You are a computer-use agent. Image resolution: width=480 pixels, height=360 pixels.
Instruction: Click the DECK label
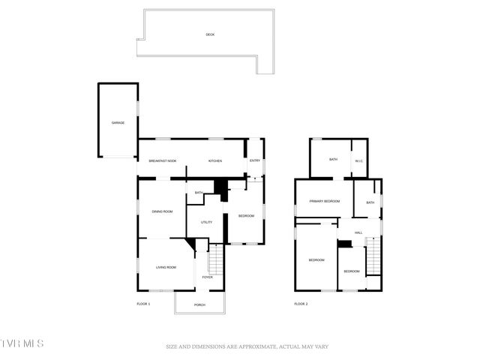tap(210, 34)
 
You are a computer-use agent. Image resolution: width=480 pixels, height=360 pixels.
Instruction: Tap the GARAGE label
tap(118, 122)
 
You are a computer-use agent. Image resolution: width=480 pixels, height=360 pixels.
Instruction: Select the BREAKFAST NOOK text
tap(162, 160)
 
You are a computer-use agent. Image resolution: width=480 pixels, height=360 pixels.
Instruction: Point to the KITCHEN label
tap(215, 160)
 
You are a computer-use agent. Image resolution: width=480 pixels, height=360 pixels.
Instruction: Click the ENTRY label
tap(255, 160)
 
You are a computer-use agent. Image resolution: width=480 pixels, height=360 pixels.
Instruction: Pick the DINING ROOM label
tap(163, 211)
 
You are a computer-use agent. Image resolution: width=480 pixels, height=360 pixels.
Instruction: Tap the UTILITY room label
tap(206, 222)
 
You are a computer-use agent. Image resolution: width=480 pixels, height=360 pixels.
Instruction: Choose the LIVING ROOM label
tap(166, 267)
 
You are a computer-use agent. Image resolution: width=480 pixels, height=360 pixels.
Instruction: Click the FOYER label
tap(208, 277)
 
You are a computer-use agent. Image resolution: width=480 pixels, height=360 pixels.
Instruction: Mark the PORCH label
tap(199, 304)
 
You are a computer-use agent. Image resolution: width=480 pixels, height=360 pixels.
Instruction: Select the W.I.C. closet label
tap(359, 160)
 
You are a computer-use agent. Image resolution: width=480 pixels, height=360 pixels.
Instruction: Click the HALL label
tap(358, 232)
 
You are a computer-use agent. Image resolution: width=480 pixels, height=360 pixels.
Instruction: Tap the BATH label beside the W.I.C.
tap(333, 159)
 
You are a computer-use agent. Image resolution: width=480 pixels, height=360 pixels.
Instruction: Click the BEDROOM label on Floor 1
tap(247, 216)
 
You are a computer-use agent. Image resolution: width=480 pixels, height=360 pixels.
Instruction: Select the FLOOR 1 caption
tap(143, 304)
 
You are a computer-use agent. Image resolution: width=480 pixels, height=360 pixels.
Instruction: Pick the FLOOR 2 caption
tap(301, 304)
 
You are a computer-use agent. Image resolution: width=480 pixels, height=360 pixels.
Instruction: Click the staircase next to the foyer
tap(216, 259)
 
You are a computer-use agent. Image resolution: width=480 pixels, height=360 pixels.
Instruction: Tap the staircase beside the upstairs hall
tap(373, 259)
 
